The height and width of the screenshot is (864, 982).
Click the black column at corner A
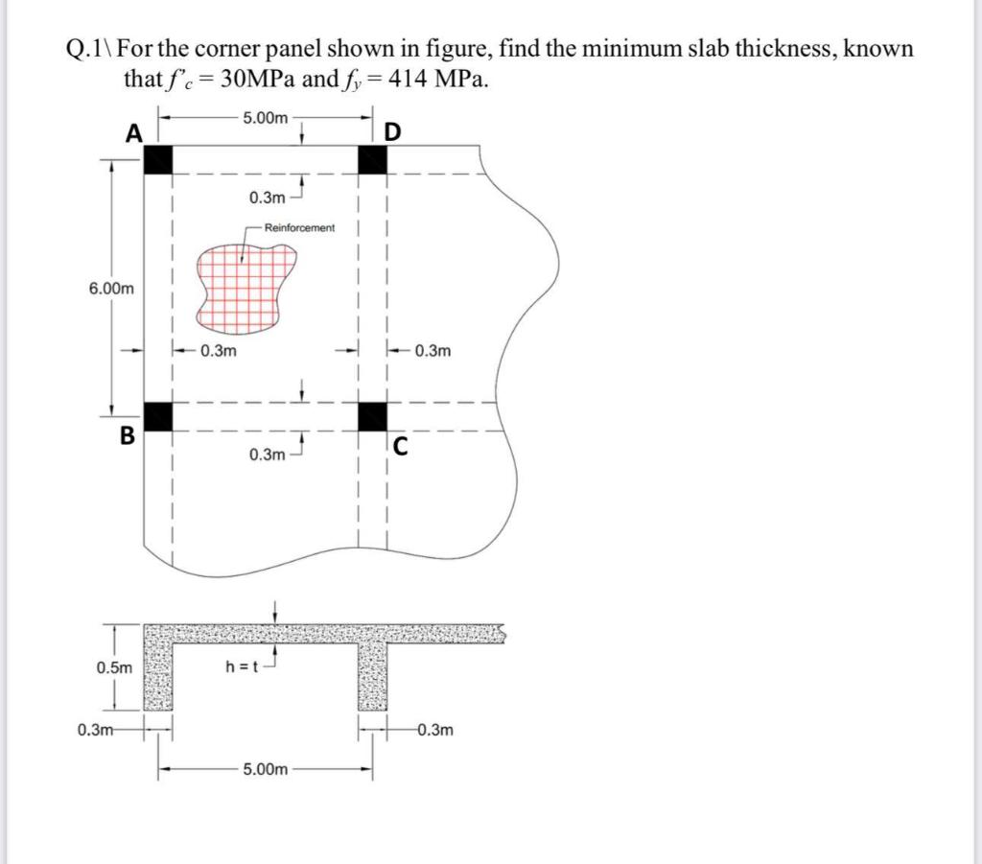[158, 160]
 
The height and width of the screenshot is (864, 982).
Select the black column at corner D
[372, 160]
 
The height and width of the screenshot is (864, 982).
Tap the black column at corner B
[158, 416]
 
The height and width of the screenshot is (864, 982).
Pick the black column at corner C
[372, 416]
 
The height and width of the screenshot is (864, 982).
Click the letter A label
[135, 134]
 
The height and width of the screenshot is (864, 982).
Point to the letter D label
[393, 131]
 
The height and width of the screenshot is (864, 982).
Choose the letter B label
[127, 436]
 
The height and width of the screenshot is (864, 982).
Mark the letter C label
[399, 444]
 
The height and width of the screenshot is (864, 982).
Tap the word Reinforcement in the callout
[299, 228]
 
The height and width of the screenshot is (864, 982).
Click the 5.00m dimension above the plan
[265, 118]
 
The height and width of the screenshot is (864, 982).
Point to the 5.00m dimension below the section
[265, 769]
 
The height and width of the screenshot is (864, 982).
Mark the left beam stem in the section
[157, 676]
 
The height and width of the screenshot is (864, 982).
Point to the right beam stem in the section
[372, 676]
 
